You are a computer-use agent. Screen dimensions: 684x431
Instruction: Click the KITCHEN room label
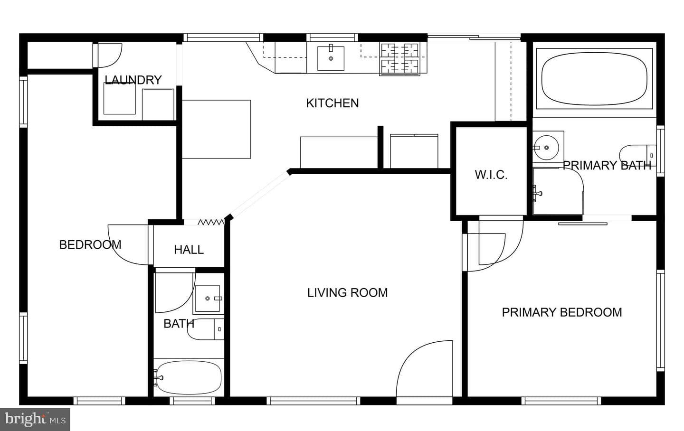(x=332, y=103)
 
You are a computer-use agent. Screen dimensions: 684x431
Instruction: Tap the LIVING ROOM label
(x=348, y=293)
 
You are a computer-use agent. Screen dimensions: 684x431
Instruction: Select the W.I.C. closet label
(x=491, y=175)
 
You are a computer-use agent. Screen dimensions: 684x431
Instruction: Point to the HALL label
(x=189, y=250)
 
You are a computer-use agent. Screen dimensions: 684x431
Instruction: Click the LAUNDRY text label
(x=133, y=80)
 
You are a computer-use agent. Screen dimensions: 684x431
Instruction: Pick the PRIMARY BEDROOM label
(x=562, y=312)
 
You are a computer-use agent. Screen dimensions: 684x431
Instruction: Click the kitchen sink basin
(x=331, y=58)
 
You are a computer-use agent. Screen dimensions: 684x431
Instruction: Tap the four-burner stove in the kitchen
(x=399, y=58)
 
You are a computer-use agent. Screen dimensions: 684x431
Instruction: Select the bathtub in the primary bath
(x=594, y=79)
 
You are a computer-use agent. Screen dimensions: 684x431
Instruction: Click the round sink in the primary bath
(x=547, y=148)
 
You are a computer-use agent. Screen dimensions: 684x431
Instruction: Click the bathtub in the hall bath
(x=189, y=377)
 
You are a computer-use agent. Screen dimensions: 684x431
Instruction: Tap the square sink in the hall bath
(x=208, y=298)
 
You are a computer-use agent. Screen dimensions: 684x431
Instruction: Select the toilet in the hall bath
(x=206, y=329)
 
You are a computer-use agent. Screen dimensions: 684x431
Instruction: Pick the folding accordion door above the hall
(x=211, y=222)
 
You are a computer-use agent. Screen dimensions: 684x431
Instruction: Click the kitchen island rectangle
(x=217, y=129)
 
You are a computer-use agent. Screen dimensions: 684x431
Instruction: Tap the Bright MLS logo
(x=35, y=420)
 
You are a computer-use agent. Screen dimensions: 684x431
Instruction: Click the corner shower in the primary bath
(x=558, y=191)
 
